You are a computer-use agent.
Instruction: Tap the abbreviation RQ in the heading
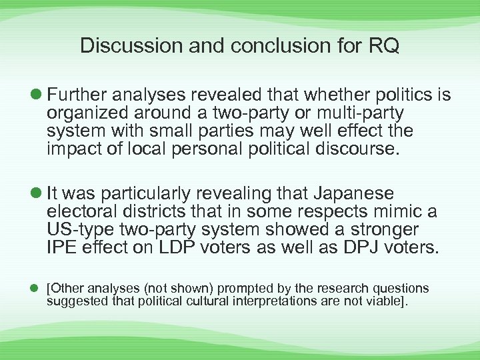pos(383,45)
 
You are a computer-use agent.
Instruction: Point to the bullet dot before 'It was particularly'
pos(35,194)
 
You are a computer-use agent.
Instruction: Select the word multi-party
pos(361,113)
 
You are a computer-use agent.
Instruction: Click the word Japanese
pos(351,194)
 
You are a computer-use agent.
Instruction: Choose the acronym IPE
pos(63,248)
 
